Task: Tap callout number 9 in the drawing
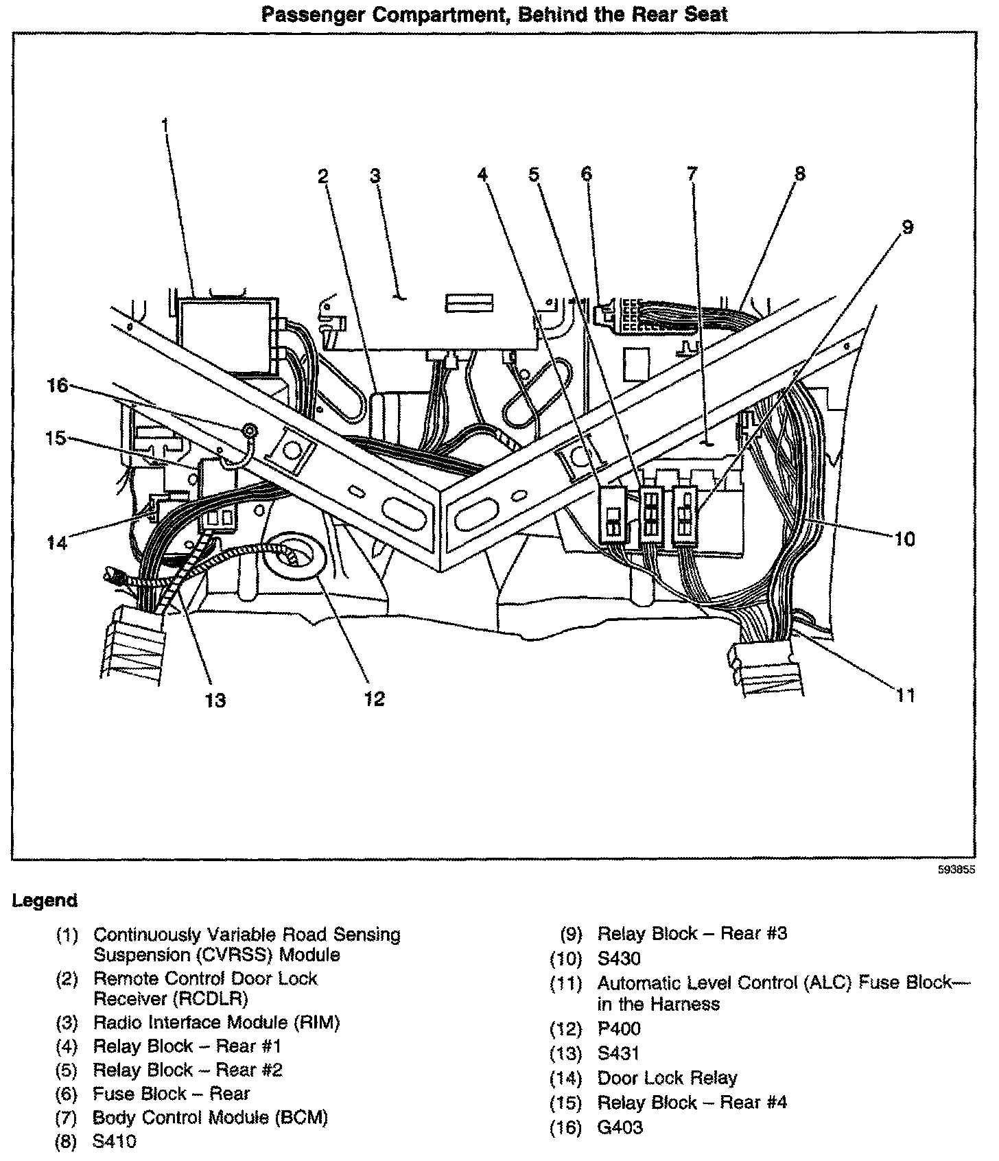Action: pos(907,227)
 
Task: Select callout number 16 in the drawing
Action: pos(58,386)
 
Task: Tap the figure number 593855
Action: pos(958,869)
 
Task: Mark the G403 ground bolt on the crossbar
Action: pos(250,431)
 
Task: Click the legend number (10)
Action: pos(566,959)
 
